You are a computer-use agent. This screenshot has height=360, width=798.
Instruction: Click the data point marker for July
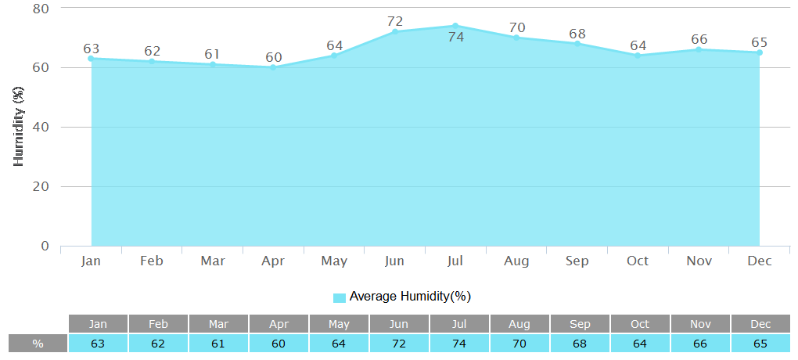pyautogui.click(x=455, y=26)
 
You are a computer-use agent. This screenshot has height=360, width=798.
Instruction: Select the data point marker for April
pyautogui.click(x=273, y=67)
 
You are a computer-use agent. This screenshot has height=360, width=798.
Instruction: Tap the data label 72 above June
pyautogui.click(x=395, y=21)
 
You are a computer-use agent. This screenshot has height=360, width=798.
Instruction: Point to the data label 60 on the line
pyautogui.click(x=273, y=57)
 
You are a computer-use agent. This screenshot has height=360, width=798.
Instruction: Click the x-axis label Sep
pyautogui.click(x=577, y=261)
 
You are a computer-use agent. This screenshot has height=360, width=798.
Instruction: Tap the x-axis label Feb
pyautogui.click(x=152, y=261)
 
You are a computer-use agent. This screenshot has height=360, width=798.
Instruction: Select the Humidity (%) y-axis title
pyautogui.click(x=20, y=127)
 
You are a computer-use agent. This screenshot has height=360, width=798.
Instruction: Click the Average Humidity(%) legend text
pyautogui.click(x=410, y=296)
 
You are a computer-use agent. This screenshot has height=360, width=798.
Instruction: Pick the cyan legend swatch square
pyautogui.click(x=340, y=297)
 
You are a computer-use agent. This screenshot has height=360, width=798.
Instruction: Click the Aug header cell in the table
pyautogui.click(x=519, y=324)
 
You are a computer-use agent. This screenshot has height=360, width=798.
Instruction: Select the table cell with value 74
pyautogui.click(x=458, y=343)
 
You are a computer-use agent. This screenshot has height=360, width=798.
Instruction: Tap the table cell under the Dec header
pyautogui.click(x=760, y=343)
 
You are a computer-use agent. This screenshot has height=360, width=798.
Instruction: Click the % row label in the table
pyautogui.click(x=38, y=343)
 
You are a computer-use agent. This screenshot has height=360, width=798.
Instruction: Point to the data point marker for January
pyautogui.click(x=91, y=59)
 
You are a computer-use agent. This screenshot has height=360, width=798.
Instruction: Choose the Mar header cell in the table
pyautogui.click(x=218, y=324)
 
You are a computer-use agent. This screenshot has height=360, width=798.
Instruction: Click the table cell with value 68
pyautogui.click(x=580, y=343)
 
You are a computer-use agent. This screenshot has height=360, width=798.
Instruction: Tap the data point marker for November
pyautogui.click(x=699, y=49)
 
